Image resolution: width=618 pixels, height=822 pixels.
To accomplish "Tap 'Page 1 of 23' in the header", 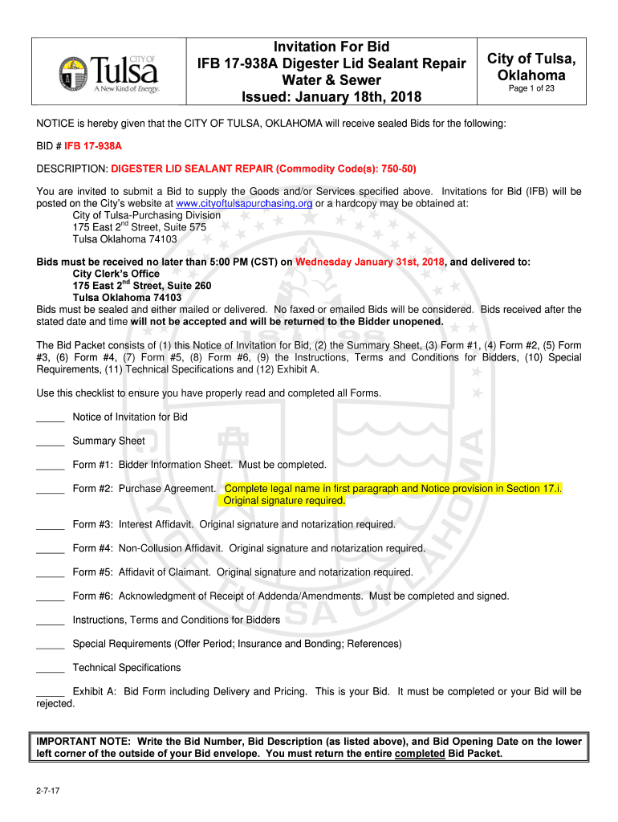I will coord(531,88).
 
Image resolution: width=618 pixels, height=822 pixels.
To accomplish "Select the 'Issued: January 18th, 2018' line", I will coord(331,98).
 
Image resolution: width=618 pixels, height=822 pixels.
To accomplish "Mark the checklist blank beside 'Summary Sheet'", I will coord(50,442).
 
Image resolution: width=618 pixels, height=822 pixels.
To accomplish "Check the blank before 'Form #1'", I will coord(50,466).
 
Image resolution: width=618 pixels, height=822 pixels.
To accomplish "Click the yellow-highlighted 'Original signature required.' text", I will coord(284,501).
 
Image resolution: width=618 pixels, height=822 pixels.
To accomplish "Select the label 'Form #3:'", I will coord(92,524).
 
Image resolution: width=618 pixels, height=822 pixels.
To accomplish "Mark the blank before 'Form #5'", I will coord(50,574).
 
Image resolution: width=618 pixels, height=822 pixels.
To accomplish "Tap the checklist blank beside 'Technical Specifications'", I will coord(50,669).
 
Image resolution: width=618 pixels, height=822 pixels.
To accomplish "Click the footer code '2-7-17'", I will coord(47,791).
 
